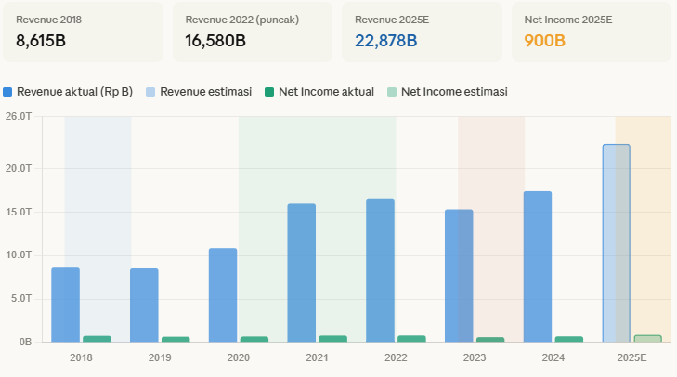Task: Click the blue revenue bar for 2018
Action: coord(65,305)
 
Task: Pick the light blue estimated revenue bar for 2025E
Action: coord(616,243)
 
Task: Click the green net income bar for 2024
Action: coord(569,339)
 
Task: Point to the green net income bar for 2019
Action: coord(176,339)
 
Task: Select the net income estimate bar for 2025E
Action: coord(648,338)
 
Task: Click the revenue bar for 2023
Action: coord(459,275)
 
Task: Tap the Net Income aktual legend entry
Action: coord(325,92)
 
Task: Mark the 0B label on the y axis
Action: coord(25,342)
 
